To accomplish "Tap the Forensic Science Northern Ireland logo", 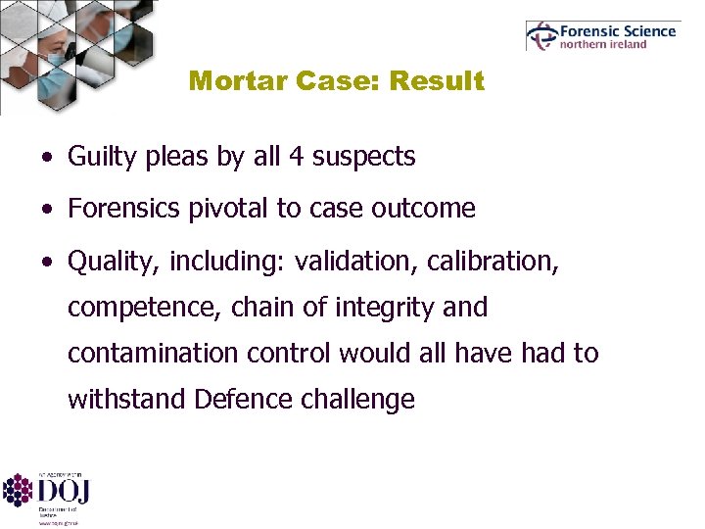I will point(601,36).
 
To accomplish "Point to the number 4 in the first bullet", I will point(296,156).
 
